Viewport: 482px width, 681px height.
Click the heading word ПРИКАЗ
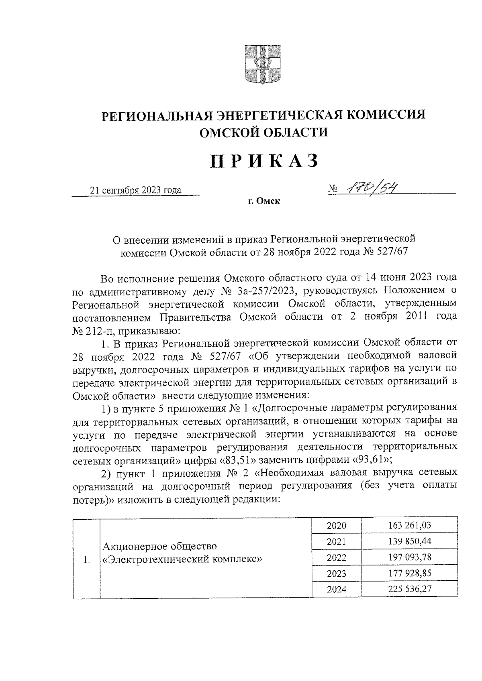[x=264, y=161]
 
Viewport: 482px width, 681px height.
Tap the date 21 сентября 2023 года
[x=136, y=190]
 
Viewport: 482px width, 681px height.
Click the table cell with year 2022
[x=337, y=558]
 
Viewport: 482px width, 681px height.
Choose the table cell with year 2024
[x=337, y=590]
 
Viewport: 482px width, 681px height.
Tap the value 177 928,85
[x=410, y=573]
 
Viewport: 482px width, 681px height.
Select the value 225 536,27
[x=410, y=590]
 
